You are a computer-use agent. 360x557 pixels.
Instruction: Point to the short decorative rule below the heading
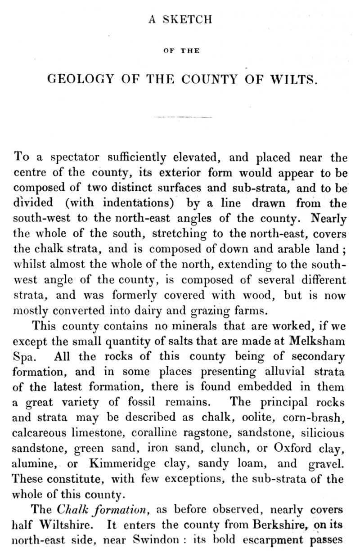pyautogui.click(x=183, y=117)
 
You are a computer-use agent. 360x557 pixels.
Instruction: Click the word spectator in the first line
pyautogui.click(x=71, y=158)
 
